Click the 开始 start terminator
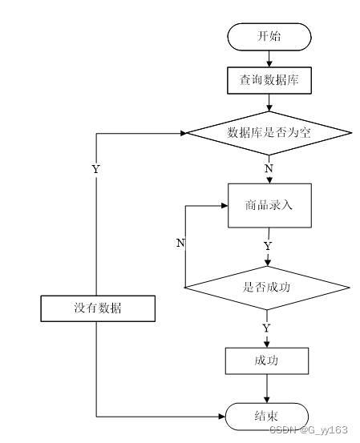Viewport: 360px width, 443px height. click(269, 37)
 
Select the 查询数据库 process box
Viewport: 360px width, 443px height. click(269, 80)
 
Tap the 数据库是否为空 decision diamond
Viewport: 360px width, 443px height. click(269, 133)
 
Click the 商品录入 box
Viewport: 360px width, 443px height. click(269, 205)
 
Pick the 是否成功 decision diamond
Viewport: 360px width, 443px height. click(267, 288)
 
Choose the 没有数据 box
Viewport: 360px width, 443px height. click(98, 308)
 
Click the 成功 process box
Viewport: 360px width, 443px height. click(267, 360)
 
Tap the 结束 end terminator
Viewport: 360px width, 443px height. click(267, 417)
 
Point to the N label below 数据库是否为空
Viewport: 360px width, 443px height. click(269, 168)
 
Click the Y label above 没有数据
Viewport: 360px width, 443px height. click(96, 169)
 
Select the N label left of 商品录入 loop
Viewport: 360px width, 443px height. click(180, 243)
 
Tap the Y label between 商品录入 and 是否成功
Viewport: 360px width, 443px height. click(268, 246)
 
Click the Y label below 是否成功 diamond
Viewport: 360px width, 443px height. click(266, 328)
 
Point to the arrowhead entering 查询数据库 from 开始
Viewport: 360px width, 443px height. click(269, 64)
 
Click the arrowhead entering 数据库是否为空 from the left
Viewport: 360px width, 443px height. click(184, 133)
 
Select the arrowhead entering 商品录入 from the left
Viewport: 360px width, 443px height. click(224, 206)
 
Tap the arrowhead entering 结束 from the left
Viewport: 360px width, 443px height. click(222, 417)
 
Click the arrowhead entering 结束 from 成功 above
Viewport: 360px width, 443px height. click(267, 400)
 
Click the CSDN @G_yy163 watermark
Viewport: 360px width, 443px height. click(308, 429)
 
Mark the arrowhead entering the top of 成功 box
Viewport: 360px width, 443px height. click(267, 344)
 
